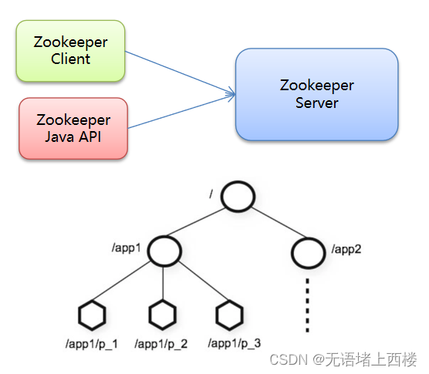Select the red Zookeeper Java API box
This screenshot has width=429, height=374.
coord(73,128)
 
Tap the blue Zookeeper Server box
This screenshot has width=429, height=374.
coord(316,94)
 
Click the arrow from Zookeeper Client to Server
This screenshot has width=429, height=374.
coord(179,73)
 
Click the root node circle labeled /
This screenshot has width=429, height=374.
coord(237,197)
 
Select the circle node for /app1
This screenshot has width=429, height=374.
coord(164,251)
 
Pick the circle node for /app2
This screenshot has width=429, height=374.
coord(309,251)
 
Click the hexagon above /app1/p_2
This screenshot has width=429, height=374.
coord(161,315)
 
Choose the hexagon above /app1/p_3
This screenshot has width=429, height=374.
coord(228,315)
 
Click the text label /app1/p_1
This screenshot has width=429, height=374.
coord(93,344)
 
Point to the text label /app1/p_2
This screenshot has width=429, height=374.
coord(161,344)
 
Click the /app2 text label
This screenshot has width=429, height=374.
coord(346,249)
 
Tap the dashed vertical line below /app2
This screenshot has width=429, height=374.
coord(309,304)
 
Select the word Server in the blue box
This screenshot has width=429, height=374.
coord(316,103)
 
